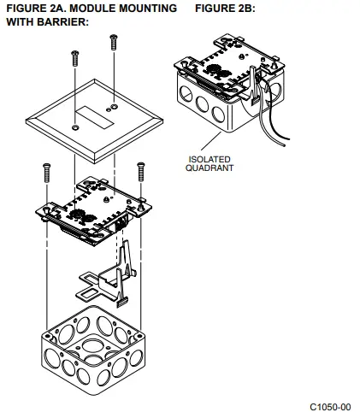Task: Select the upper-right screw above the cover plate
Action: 112,44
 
